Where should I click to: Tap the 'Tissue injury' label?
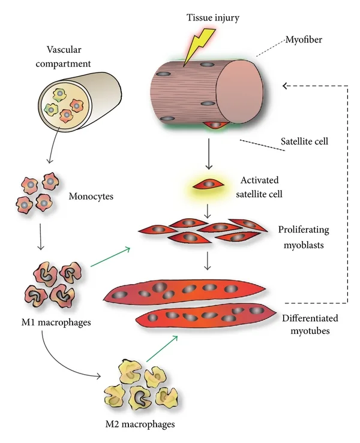click(213, 17)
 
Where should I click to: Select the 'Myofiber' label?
click(304, 40)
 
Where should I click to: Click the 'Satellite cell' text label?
click(304, 141)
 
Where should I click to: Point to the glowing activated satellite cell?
click(209, 185)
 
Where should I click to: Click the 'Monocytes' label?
click(91, 196)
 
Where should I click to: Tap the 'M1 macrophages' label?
click(56, 322)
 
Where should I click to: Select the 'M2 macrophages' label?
click(140, 424)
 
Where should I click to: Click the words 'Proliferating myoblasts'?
click(304, 237)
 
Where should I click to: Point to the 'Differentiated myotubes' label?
click(310, 324)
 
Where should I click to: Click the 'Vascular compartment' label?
click(63, 56)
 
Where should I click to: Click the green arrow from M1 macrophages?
click(110, 257)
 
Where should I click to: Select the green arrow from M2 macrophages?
click(162, 349)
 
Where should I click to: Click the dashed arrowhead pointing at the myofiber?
click(285, 86)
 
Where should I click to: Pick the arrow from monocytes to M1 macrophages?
click(41, 237)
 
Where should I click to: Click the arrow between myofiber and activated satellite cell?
click(209, 153)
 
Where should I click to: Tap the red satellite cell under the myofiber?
click(215, 125)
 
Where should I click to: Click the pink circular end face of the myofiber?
click(240, 92)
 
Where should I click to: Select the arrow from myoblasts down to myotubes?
click(208, 261)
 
